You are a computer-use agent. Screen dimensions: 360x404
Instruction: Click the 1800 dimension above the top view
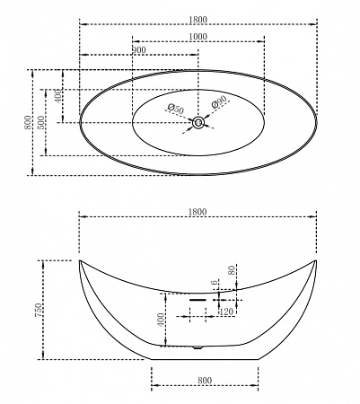(198, 20)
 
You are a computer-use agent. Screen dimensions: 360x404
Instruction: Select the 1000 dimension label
(198, 37)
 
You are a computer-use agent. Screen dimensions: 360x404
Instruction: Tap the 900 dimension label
(139, 50)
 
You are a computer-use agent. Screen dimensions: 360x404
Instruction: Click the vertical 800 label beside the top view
(28, 122)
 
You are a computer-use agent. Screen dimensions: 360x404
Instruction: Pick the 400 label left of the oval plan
(58, 95)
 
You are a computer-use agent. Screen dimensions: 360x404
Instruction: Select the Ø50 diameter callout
(176, 108)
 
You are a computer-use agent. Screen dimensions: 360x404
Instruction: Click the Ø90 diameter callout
(219, 101)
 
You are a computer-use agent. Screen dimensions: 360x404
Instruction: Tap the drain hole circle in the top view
(198, 122)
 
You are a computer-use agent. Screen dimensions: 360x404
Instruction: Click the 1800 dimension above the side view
(198, 212)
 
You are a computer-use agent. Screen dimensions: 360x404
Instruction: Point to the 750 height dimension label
(39, 310)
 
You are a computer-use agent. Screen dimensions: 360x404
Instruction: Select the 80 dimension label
(232, 270)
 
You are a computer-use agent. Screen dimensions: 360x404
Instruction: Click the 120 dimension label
(226, 312)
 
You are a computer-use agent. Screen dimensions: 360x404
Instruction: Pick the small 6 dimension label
(215, 283)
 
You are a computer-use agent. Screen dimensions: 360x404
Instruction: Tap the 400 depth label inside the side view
(161, 320)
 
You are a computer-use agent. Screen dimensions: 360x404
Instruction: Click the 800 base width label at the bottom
(205, 381)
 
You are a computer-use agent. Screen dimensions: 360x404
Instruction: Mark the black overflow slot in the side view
(198, 300)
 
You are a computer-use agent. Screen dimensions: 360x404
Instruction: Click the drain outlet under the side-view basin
(198, 347)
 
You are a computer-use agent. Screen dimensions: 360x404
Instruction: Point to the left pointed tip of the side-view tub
(80, 261)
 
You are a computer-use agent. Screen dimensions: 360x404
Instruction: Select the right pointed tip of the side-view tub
(316, 261)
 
